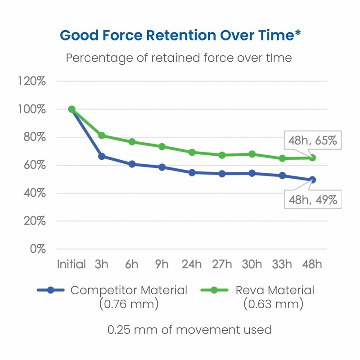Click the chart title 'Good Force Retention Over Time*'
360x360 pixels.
[x=180, y=35]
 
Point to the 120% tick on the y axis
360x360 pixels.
[x=31, y=81]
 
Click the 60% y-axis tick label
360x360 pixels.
[x=33, y=165]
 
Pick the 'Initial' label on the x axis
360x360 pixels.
[x=72, y=264]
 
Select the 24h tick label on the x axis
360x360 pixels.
[x=192, y=264]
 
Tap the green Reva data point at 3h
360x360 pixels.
[x=102, y=135]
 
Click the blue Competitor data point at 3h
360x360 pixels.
[x=102, y=156]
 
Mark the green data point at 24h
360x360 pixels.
[x=192, y=153]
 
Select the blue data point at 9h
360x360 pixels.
[x=162, y=167]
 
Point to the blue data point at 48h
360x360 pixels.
[x=312, y=180]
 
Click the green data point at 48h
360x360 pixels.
[x=312, y=158]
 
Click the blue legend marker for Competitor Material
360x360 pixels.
[x=50, y=290]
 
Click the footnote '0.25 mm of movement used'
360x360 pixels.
[x=189, y=330]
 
